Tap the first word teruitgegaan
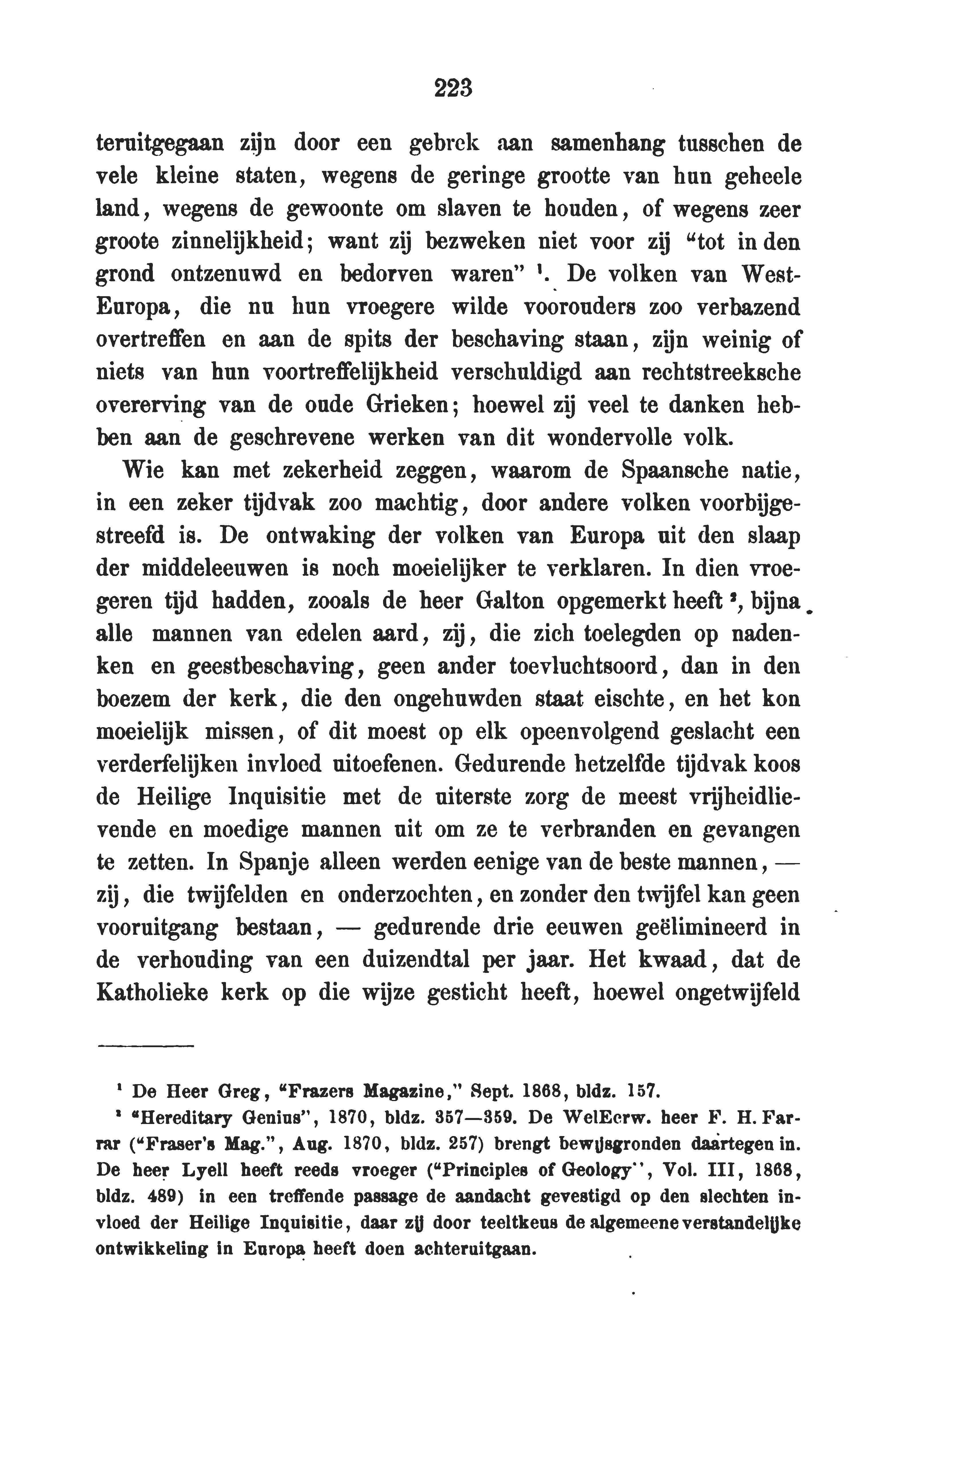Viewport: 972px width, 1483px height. point(160,145)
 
